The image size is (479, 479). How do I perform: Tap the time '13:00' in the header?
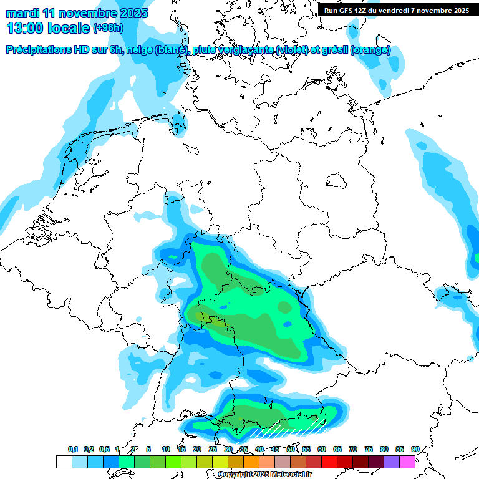[25, 29]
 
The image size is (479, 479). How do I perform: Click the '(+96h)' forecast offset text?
[109, 28]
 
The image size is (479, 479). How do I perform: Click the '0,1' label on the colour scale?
[72, 449]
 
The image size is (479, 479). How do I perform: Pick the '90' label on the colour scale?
[415, 449]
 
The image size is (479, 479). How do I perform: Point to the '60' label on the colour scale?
[322, 449]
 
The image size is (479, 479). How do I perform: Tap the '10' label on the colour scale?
[166, 449]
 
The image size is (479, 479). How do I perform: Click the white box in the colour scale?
[64, 462]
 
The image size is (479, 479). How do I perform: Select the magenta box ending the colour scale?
[407, 462]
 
